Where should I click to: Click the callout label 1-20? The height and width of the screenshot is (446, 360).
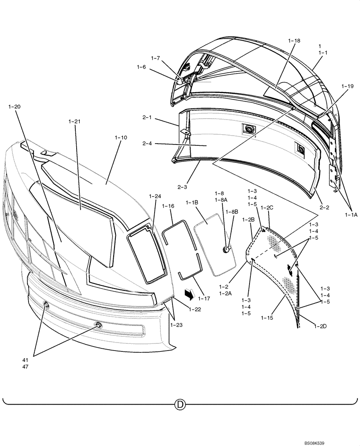(14, 107)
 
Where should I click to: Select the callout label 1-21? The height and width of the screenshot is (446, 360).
(75, 121)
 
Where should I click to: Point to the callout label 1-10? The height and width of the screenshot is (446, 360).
(121, 138)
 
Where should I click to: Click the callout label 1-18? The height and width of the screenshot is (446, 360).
(295, 41)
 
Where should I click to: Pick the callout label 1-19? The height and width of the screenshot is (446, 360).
(348, 86)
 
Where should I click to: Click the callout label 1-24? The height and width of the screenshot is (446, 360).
(155, 196)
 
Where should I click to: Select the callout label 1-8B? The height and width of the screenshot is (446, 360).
(232, 211)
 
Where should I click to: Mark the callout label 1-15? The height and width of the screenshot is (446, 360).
(267, 318)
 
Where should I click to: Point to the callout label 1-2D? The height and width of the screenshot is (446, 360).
(320, 326)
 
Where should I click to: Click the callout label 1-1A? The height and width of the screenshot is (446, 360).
(351, 215)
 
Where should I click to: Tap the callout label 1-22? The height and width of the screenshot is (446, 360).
(194, 310)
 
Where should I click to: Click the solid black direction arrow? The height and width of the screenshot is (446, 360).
(189, 293)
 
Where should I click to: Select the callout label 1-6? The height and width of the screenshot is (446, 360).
(141, 67)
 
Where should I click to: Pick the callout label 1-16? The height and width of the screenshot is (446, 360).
(168, 206)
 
